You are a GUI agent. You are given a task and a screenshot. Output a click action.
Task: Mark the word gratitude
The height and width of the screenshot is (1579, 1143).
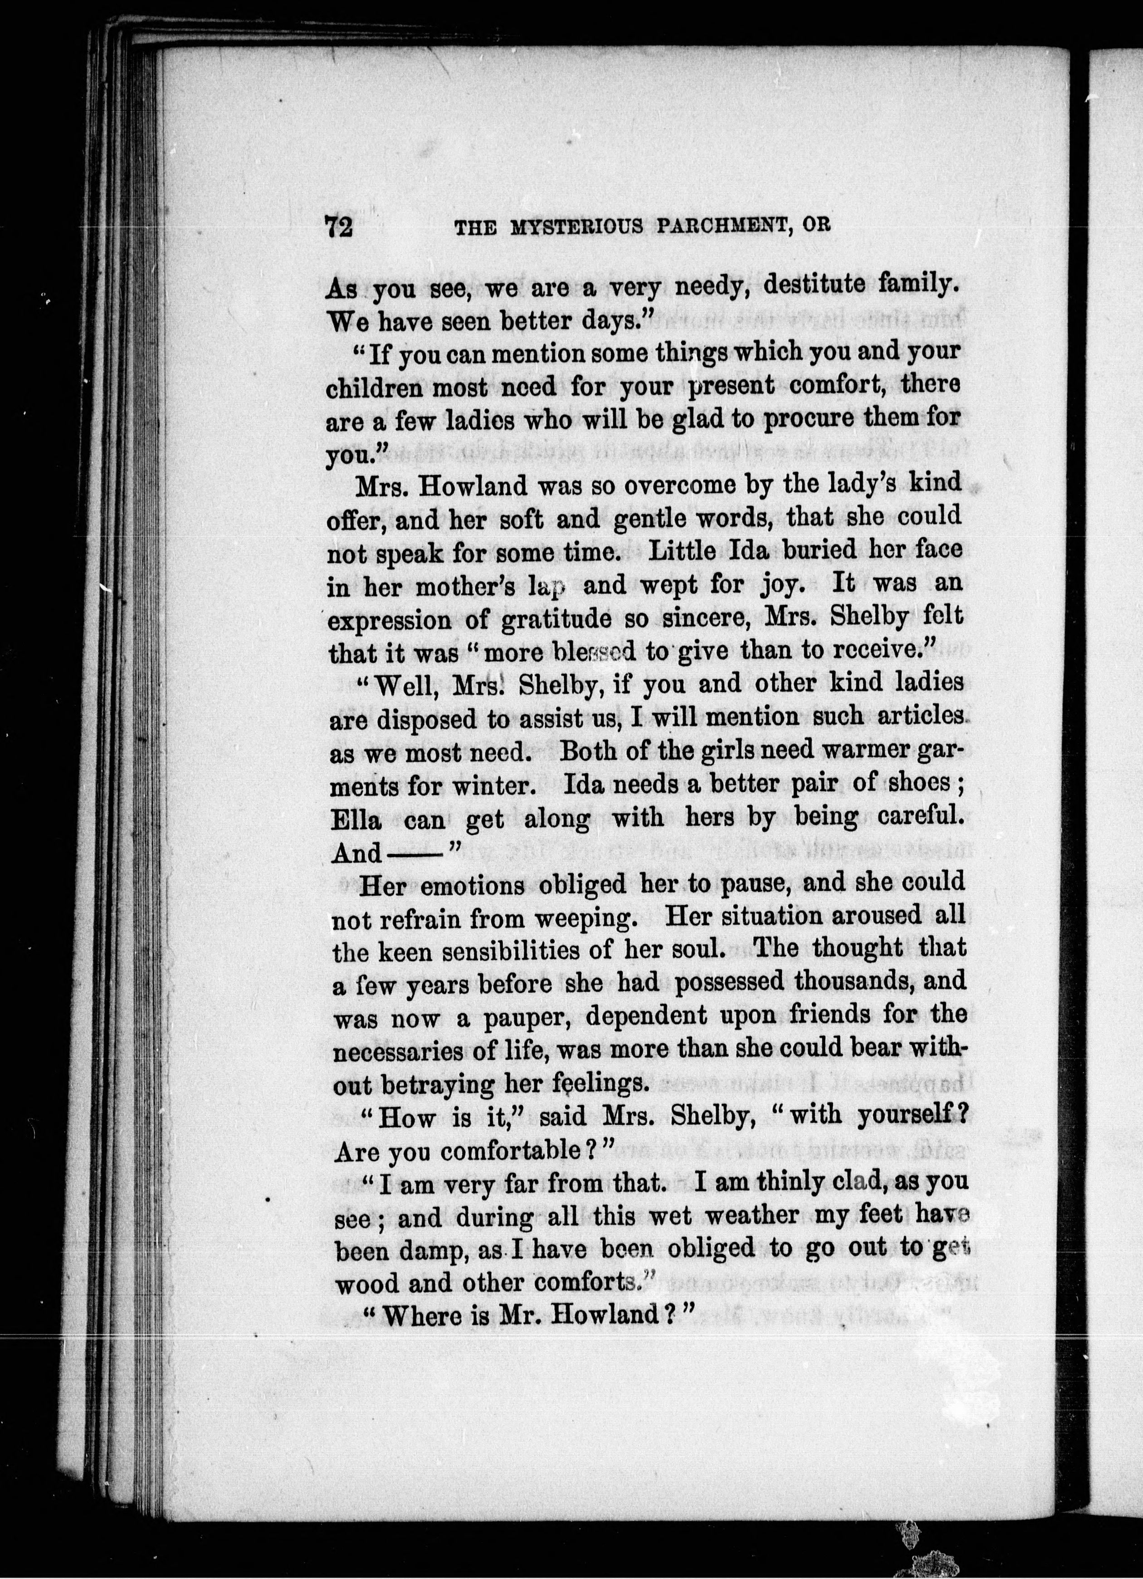point(536,618)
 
